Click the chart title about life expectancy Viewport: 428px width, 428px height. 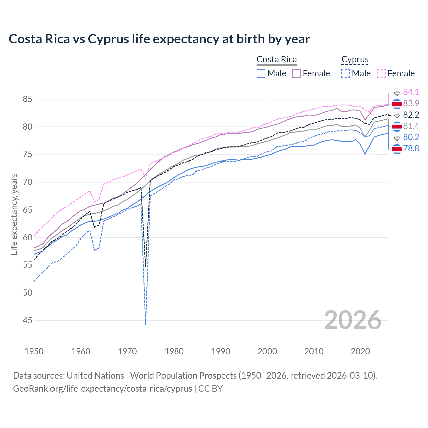tap(159, 39)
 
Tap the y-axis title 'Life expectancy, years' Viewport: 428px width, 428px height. tap(14, 214)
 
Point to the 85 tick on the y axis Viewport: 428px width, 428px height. tap(27, 99)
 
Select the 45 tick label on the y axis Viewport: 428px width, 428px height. tap(27, 321)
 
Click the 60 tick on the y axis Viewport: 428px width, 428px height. tap(27, 238)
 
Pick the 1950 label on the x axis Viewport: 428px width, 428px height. tap(34, 351)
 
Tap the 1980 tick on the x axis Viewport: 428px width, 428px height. tap(174, 351)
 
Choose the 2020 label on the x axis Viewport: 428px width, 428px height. tap(360, 351)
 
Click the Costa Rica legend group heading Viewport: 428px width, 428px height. tap(277, 60)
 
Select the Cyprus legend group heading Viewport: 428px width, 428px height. tap(355, 60)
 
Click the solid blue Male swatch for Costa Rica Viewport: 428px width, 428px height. tap(261, 73)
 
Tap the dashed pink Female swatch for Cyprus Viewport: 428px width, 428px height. tap(382, 73)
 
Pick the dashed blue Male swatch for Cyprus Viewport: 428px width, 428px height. tap(346, 73)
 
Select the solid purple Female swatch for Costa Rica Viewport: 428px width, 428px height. tap(297, 73)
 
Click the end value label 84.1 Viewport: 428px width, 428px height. tap(411, 92)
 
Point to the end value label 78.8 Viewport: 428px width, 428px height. tap(411, 149)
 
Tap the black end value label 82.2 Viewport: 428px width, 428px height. tap(411, 115)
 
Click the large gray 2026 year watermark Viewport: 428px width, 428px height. tap(353, 320)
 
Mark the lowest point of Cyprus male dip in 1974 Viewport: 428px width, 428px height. tap(146, 324)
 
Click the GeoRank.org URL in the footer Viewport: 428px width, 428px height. tap(102, 389)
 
